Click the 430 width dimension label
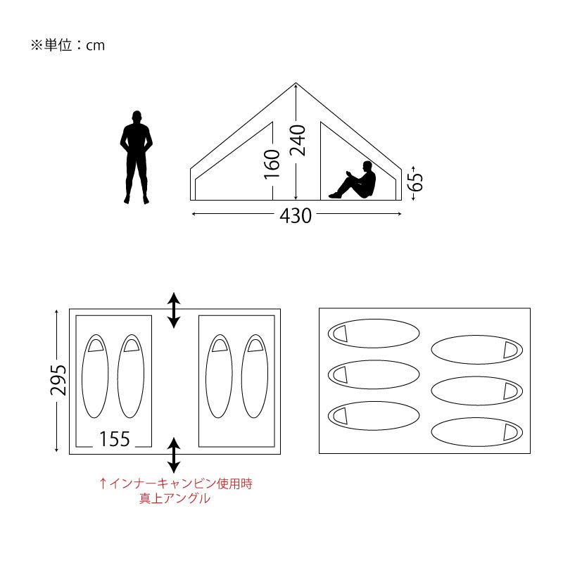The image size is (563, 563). point(296,216)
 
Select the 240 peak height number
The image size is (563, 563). point(298,140)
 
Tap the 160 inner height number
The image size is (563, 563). point(272,165)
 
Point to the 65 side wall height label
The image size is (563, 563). point(417,182)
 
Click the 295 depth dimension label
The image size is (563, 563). point(58,380)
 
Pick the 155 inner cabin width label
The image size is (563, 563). point(115,438)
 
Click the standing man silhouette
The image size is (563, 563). point(136,157)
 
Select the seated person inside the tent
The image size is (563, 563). point(353,180)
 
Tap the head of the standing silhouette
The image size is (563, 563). point(137,116)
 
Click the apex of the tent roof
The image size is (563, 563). point(296,83)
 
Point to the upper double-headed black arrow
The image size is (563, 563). point(174,310)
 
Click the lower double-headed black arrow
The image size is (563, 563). point(174,455)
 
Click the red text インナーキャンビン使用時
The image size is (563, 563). point(181,483)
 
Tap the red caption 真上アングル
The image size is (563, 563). point(175,498)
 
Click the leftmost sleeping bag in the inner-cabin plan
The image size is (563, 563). point(95,377)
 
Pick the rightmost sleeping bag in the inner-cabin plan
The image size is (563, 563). point(255,377)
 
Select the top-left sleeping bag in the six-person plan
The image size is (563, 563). point(374,334)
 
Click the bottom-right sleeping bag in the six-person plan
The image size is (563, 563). point(477,432)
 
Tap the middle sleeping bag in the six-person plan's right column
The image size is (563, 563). point(477,391)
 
